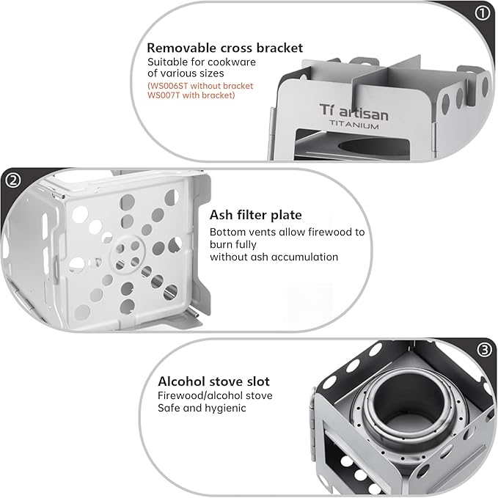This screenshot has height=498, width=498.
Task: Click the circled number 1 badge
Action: point(482,13)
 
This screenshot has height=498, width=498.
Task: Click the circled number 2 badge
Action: point(13,180)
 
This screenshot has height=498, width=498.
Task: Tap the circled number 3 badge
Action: point(484,350)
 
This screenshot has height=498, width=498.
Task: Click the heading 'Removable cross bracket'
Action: point(225,48)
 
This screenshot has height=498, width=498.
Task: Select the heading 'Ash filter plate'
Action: point(256,215)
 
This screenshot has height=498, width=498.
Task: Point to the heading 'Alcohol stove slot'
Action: point(213,381)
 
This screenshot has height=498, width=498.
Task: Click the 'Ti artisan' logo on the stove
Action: point(354,111)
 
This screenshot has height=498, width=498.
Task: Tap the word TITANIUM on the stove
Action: point(354,125)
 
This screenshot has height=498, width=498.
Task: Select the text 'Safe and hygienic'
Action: point(202,408)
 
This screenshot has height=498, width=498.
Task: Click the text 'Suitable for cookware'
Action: point(202,62)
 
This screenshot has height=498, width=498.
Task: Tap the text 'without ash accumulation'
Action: point(274,257)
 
